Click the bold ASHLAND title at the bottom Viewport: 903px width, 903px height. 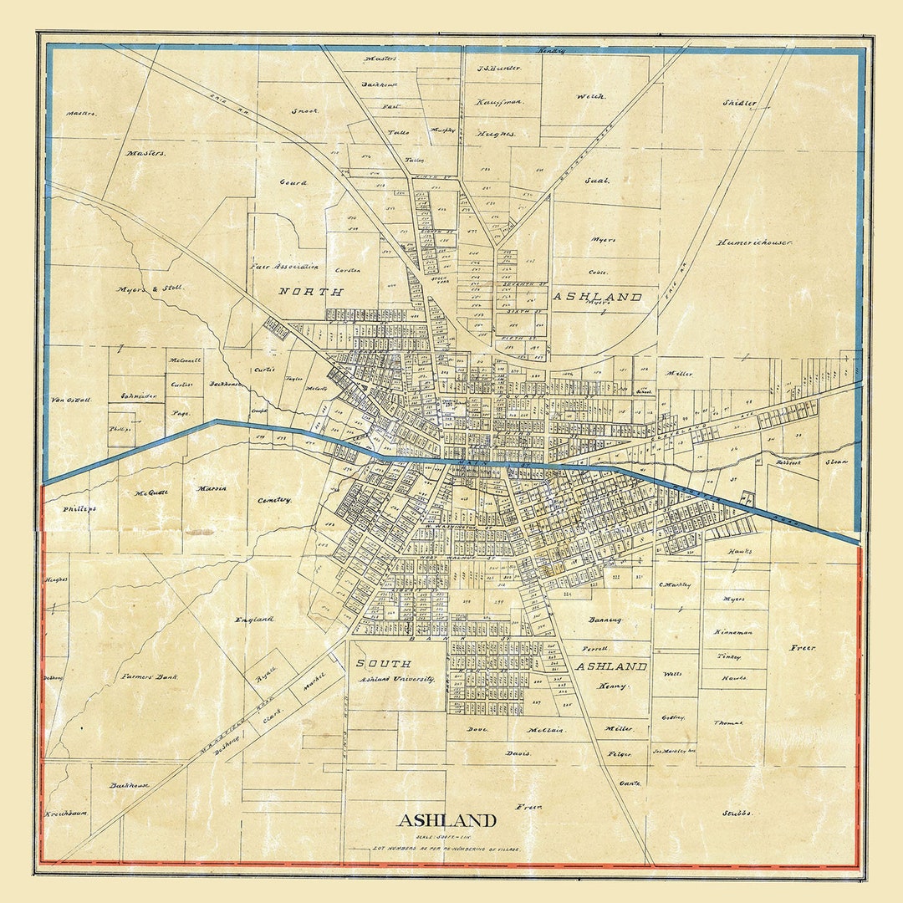point(446,820)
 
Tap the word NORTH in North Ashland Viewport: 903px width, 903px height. point(311,292)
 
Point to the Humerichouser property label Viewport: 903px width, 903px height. point(754,242)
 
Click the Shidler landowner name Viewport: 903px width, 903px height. point(739,104)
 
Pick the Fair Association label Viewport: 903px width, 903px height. point(284,267)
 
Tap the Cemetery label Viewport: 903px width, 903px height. point(274,500)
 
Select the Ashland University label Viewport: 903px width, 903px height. point(398,680)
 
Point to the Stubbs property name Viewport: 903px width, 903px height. point(737,813)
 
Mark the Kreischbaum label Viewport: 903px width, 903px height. point(67,813)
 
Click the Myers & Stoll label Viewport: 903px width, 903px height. point(150,288)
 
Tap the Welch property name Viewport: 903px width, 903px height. point(589,96)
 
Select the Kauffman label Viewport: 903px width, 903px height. point(498,101)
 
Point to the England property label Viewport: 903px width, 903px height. point(254,620)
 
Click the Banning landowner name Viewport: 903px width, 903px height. point(605,620)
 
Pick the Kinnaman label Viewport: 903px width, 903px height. point(733,632)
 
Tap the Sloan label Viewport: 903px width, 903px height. point(836,462)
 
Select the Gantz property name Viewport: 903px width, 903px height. point(630,783)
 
